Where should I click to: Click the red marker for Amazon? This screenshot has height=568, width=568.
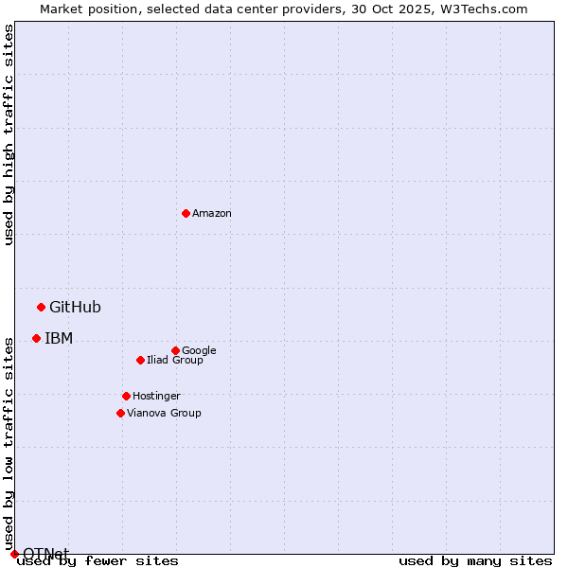(186, 213)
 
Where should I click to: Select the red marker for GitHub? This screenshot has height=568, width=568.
(41, 307)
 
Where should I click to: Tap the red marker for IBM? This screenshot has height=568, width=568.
(36, 338)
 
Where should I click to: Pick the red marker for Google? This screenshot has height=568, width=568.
(175, 350)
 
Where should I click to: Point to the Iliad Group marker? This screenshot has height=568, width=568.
(140, 360)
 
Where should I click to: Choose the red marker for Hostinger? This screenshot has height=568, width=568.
(126, 396)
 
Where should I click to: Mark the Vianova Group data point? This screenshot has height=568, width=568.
(120, 413)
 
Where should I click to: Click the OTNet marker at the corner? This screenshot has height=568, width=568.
(14, 554)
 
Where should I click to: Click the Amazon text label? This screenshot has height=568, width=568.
(212, 214)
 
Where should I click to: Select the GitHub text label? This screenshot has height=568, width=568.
(75, 307)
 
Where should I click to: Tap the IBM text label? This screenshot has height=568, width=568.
(59, 338)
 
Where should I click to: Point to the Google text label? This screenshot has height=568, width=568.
(199, 350)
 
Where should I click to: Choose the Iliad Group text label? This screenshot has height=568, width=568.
(175, 360)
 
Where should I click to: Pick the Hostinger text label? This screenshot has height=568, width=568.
(156, 396)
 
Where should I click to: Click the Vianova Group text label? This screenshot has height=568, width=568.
(164, 413)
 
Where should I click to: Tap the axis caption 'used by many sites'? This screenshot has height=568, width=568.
(475, 561)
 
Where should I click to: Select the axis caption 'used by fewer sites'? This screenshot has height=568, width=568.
(98, 561)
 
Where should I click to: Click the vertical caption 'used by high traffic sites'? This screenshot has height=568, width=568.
(9, 134)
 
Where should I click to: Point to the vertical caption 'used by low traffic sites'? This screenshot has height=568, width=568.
(9, 443)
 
